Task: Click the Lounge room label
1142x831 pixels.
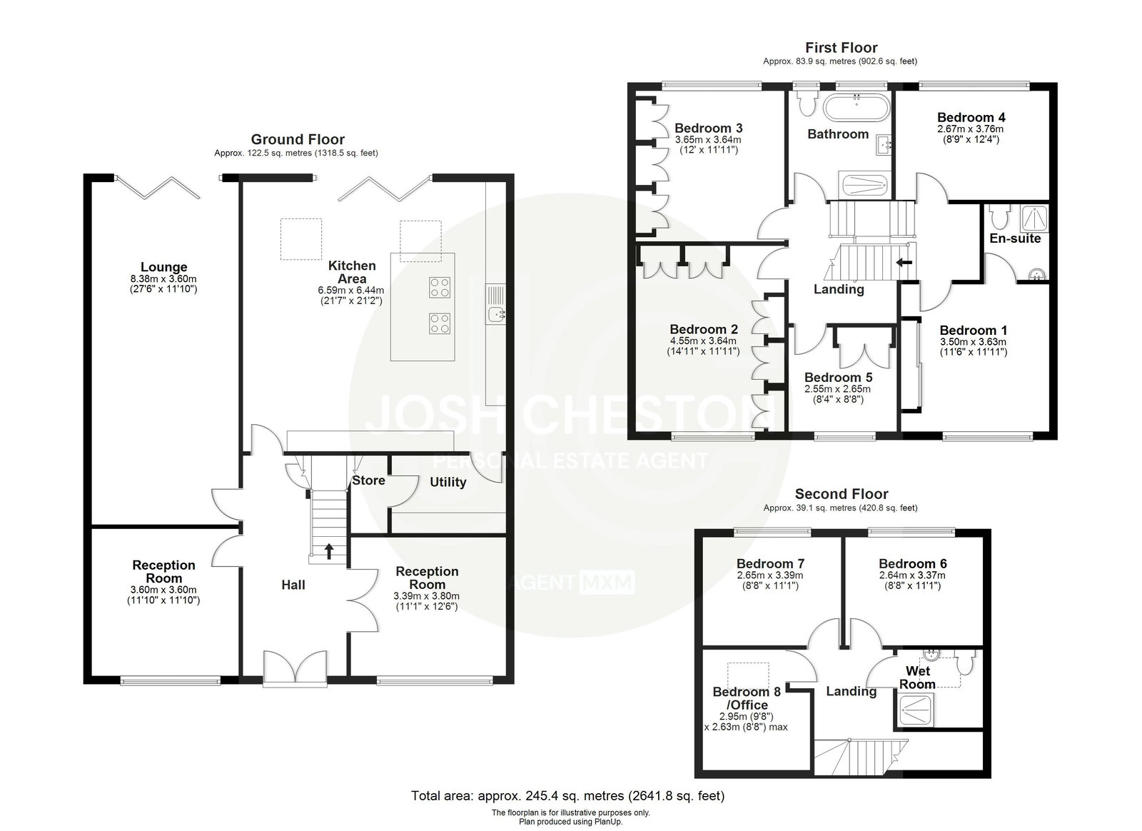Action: point(163,266)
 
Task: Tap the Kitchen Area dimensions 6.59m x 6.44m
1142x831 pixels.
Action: point(350,290)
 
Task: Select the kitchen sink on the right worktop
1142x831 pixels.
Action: point(496,315)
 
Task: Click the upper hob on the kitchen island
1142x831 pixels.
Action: point(439,287)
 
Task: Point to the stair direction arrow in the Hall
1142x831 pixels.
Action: point(329,551)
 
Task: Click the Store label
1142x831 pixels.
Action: point(368,480)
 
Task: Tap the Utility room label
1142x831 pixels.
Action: point(448,482)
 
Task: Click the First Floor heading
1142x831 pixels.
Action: point(841,47)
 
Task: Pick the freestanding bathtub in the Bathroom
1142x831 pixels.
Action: point(856,108)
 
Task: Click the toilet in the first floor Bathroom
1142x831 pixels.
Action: point(807,102)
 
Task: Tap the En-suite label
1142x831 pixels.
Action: point(1014,238)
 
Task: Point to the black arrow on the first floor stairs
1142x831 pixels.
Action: point(904,263)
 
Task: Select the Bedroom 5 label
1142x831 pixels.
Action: point(838,377)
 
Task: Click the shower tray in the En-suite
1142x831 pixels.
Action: point(1034,218)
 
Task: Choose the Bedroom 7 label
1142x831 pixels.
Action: point(770,563)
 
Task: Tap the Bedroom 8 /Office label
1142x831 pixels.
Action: point(747,698)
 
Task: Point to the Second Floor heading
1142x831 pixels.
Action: point(842,493)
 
